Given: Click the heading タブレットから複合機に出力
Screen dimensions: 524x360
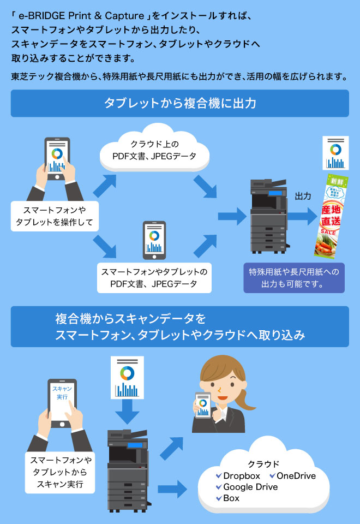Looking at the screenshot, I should click(179, 103).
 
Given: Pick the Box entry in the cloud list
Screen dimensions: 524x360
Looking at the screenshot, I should click(231, 498).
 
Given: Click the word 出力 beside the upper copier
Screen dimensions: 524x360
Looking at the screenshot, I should click(303, 196).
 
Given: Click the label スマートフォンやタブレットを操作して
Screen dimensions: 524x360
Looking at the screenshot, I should click(54, 216).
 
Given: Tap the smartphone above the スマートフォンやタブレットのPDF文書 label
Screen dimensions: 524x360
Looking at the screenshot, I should click(154, 240).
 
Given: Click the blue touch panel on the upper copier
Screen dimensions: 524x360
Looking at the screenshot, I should click(278, 192).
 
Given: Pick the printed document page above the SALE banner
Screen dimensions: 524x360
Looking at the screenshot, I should click(335, 154).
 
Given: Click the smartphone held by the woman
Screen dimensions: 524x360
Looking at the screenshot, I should click(203, 405).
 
